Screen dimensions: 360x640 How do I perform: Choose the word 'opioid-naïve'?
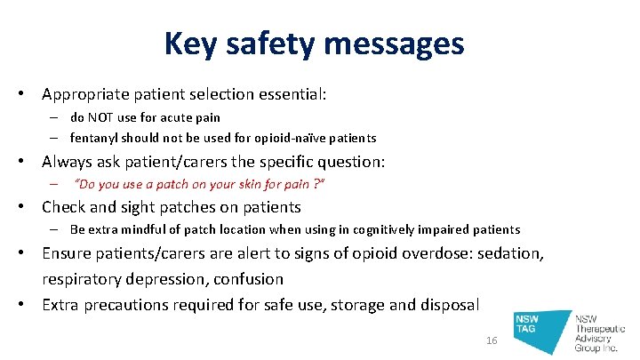[x=289, y=138]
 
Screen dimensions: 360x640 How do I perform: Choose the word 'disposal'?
[x=446, y=305]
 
